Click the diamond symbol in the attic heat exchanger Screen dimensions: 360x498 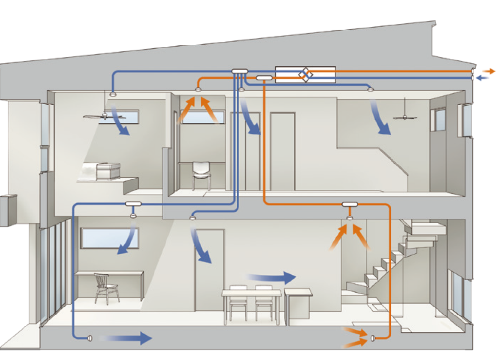306,75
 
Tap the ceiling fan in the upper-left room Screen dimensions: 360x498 104,116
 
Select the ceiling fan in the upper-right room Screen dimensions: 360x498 405,116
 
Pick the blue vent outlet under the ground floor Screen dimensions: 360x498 90,338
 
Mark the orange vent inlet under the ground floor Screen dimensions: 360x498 373,338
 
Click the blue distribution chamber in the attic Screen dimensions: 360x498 239,72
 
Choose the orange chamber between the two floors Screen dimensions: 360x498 350,204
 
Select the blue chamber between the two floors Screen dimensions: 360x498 133,204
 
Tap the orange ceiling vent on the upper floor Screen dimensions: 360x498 198,90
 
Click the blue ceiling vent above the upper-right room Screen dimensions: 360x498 370,89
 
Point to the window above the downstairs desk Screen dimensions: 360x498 110,237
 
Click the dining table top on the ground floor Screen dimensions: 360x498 251,293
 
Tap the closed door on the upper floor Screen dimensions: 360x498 283,151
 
